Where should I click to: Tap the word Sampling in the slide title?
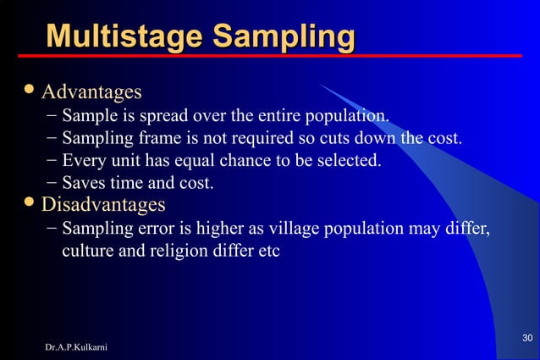point(283,37)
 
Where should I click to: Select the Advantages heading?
point(91,91)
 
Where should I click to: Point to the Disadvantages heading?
point(103,204)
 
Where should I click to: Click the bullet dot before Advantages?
point(30,89)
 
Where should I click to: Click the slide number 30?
point(526,339)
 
